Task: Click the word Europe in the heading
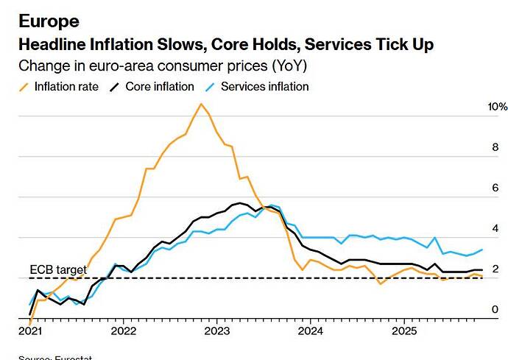coord(49,20)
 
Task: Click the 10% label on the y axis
coord(487,107)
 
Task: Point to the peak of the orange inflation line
coord(200,104)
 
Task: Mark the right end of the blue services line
coord(482,250)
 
